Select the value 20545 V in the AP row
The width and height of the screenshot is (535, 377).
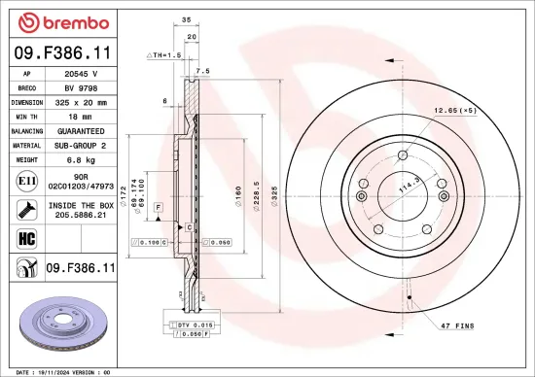tap(81, 73)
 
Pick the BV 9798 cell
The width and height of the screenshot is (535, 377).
tap(81, 86)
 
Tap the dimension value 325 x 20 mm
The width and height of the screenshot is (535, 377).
tap(81, 101)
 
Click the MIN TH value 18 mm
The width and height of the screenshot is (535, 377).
tap(81, 116)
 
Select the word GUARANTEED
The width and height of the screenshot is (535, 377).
tap(81, 130)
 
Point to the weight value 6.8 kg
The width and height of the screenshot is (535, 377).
tap(81, 158)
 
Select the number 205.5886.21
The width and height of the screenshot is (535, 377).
tap(81, 215)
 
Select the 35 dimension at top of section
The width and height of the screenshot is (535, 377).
tap(185, 18)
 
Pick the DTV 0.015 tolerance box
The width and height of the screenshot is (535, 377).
tap(195, 324)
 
